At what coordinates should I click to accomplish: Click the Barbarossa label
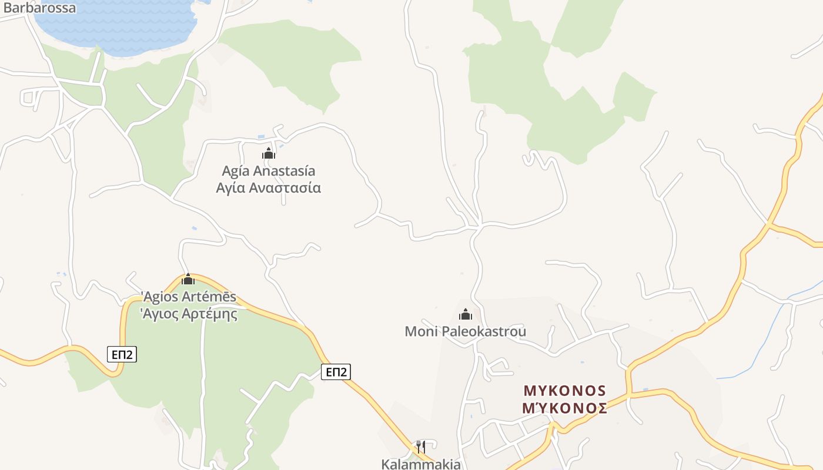(39, 8)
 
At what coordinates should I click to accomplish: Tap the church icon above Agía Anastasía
(269, 154)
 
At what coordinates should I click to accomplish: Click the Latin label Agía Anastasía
(269, 171)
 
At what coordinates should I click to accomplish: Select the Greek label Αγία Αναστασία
(269, 188)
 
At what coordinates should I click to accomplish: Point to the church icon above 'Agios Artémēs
(188, 279)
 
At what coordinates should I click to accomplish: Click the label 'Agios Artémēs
(189, 297)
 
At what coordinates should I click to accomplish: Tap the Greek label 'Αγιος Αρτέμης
(189, 314)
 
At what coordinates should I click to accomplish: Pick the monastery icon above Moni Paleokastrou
(466, 314)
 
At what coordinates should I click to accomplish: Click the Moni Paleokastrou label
(466, 331)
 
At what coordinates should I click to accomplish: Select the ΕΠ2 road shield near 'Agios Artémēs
(122, 354)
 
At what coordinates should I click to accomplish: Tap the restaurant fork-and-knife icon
(421, 447)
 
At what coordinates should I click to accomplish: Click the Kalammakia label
(421, 464)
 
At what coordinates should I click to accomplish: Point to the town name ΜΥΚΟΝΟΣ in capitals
(564, 391)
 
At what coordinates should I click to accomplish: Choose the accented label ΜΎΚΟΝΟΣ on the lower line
(564, 408)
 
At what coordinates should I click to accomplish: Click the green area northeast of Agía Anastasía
(294, 59)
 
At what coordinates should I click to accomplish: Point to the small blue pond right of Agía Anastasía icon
(282, 146)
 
